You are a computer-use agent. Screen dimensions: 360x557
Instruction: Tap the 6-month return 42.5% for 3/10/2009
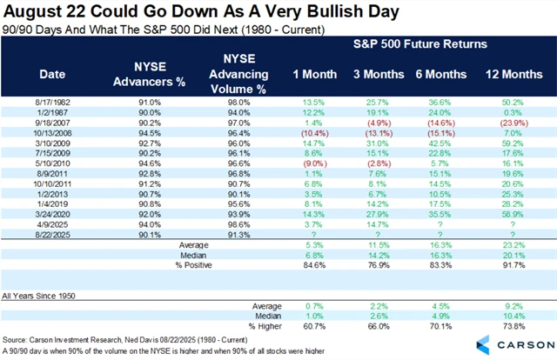click(x=441, y=146)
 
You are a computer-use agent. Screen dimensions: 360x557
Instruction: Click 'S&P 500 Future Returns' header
click(x=408, y=43)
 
